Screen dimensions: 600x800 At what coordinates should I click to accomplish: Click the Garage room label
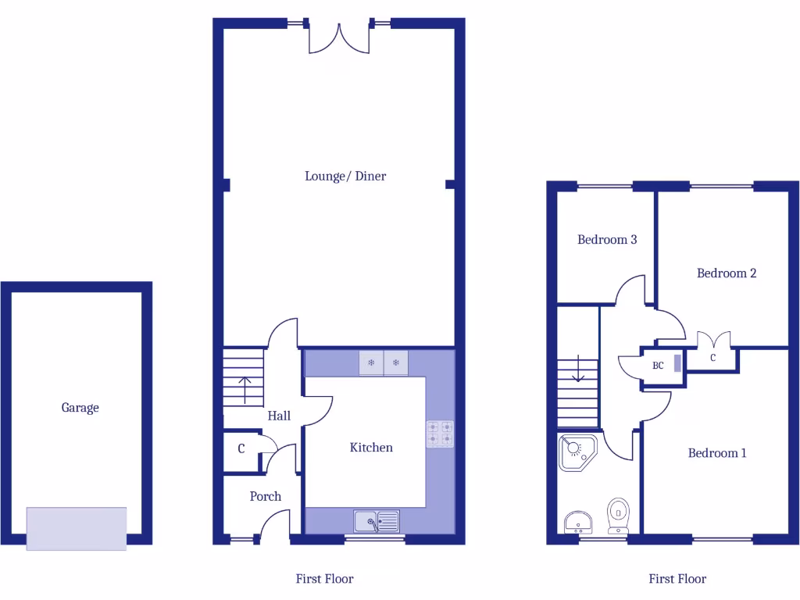[x=80, y=407]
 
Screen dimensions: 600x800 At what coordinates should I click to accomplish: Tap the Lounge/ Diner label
[x=345, y=176]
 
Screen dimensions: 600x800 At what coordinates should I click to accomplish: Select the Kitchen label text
[x=371, y=447]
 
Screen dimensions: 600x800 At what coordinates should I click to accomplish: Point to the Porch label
[x=266, y=496]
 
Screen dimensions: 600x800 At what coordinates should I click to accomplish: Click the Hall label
[x=279, y=416]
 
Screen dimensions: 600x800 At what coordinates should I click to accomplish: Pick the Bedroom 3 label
[x=607, y=239]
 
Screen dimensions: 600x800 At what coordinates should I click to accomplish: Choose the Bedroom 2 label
[x=727, y=273]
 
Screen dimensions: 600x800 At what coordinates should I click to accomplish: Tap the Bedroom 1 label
[x=717, y=452]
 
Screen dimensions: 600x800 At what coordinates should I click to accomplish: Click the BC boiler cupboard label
[x=659, y=365]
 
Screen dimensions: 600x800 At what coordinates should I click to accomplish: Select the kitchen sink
[x=376, y=520]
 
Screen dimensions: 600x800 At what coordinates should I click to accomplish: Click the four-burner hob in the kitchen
[x=440, y=434]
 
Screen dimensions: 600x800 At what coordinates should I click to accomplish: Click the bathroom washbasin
[x=577, y=520]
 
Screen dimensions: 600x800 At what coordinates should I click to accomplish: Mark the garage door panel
[x=77, y=528]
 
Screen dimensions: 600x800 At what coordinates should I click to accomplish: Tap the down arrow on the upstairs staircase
[x=579, y=369]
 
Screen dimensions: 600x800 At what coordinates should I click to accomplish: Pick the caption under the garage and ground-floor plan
[x=324, y=579]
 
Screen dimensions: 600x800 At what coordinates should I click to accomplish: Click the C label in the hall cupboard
[x=241, y=449]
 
